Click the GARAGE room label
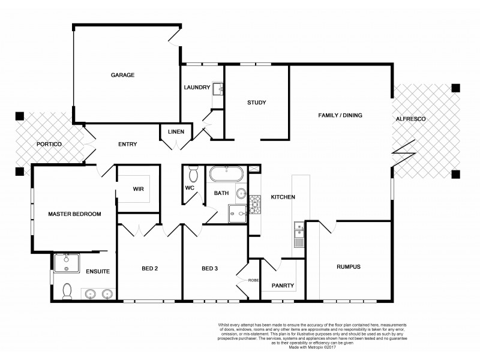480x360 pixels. pos(122,75)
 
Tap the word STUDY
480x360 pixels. pos(256,103)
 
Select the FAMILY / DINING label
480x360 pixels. pos(340,115)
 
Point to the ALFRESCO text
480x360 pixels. pos(410,119)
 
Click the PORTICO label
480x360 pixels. pos(49,145)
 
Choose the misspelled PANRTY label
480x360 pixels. pos(283,286)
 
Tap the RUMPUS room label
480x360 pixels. pos(348,266)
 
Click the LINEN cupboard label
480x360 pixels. pos(176,132)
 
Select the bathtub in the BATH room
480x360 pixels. pos(227,175)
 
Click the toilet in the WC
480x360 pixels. pos(193,175)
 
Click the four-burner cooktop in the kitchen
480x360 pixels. pos(254,205)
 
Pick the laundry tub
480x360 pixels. pos(219,89)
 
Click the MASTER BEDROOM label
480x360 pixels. pos(74,214)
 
